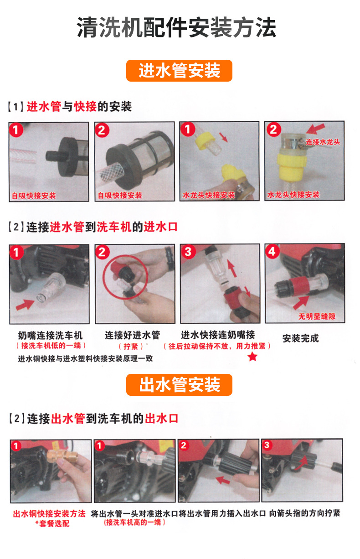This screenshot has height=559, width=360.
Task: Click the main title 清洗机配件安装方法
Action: click(176, 27)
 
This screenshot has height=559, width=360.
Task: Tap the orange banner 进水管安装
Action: click(179, 71)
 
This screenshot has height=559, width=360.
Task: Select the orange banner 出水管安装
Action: click(179, 384)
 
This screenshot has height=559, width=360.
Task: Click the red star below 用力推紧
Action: click(252, 357)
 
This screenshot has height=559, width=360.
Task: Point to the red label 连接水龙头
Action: click(323, 142)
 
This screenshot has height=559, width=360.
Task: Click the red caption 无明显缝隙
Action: click(317, 316)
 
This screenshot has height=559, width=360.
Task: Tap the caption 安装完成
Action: click(301, 338)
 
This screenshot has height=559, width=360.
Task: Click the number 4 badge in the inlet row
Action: click(272, 252)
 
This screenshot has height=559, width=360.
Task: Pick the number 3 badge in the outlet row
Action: click(267, 445)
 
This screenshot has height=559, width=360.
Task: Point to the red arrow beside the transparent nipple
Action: click(25, 305)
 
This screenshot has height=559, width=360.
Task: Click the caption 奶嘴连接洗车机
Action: click(50, 336)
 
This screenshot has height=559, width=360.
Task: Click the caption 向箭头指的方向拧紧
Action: click(304, 513)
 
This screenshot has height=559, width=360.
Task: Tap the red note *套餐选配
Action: click(52, 523)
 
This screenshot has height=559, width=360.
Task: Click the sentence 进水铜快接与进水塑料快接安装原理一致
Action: click(85, 359)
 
